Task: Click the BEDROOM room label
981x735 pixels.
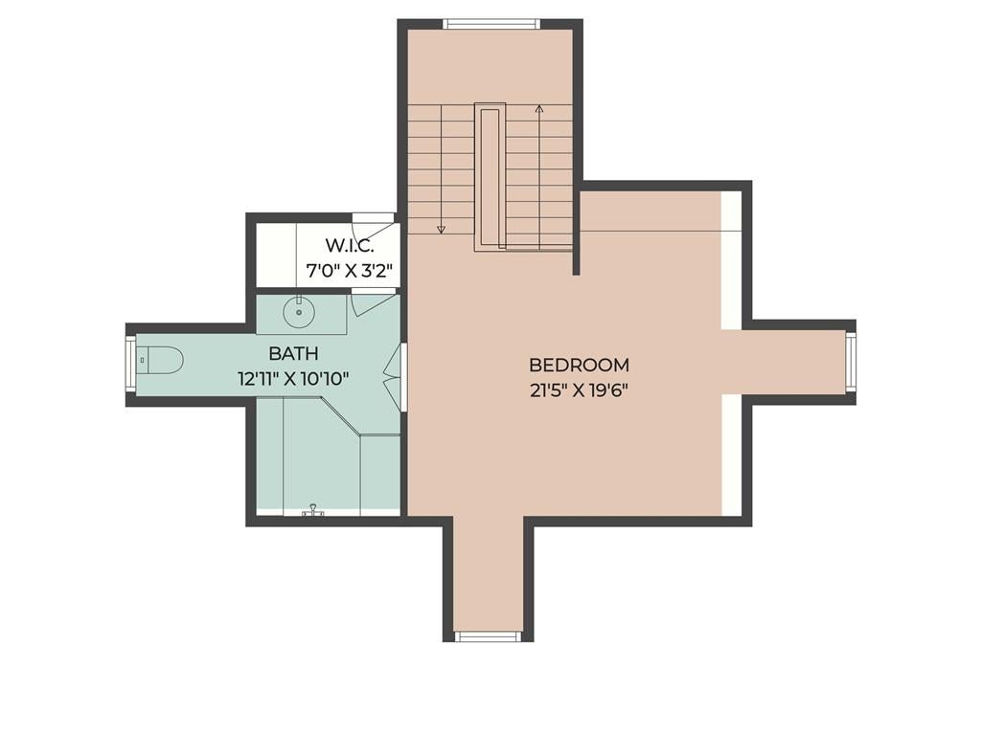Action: tap(579, 365)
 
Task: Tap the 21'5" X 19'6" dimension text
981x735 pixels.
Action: tap(579, 391)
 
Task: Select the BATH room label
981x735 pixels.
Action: tap(293, 354)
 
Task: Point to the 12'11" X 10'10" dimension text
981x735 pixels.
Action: tap(293, 379)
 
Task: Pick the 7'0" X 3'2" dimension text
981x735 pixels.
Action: tap(349, 271)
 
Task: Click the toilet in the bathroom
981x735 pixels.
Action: tap(159, 361)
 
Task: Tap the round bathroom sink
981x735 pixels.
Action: tap(299, 312)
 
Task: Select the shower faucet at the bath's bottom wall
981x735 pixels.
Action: tap(313, 511)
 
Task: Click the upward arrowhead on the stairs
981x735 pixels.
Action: tap(538, 109)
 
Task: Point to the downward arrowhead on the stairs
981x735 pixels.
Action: tap(441, 230)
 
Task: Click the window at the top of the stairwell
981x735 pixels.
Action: tap(491, 24)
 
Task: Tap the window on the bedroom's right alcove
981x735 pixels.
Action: tap(851, 363)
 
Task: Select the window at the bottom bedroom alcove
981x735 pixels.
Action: tap(488, 636)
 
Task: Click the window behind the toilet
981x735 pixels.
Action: tap(130, 363)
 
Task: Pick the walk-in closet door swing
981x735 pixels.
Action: tap(374, 219)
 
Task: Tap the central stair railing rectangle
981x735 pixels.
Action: tap(490, 177)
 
